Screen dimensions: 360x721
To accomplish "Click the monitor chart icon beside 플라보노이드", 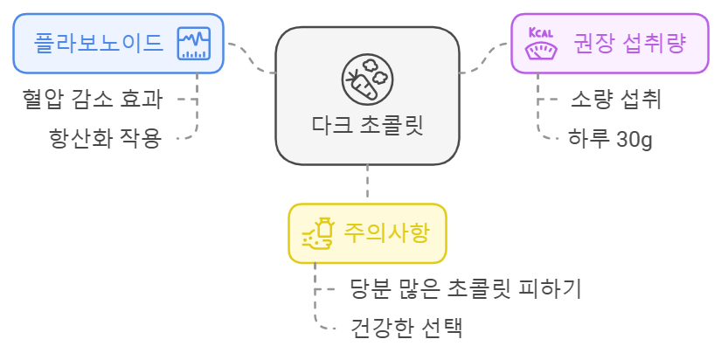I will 194,43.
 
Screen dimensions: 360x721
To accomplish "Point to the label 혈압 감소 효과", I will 93,98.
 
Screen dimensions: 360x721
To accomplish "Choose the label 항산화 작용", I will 105,138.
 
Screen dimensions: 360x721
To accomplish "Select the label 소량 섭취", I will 615,99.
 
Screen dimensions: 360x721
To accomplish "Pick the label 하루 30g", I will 610,139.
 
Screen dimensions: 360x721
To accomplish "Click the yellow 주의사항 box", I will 367,233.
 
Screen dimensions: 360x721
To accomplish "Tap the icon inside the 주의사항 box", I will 319,233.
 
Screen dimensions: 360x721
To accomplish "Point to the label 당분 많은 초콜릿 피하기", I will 465,288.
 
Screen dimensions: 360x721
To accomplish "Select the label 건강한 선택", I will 406,329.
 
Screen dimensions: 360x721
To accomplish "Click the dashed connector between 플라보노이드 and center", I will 251,58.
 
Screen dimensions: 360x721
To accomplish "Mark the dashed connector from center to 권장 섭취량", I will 484,58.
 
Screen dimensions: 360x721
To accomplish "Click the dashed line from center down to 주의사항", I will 367,184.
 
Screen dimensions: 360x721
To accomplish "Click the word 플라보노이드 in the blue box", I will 99,43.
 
